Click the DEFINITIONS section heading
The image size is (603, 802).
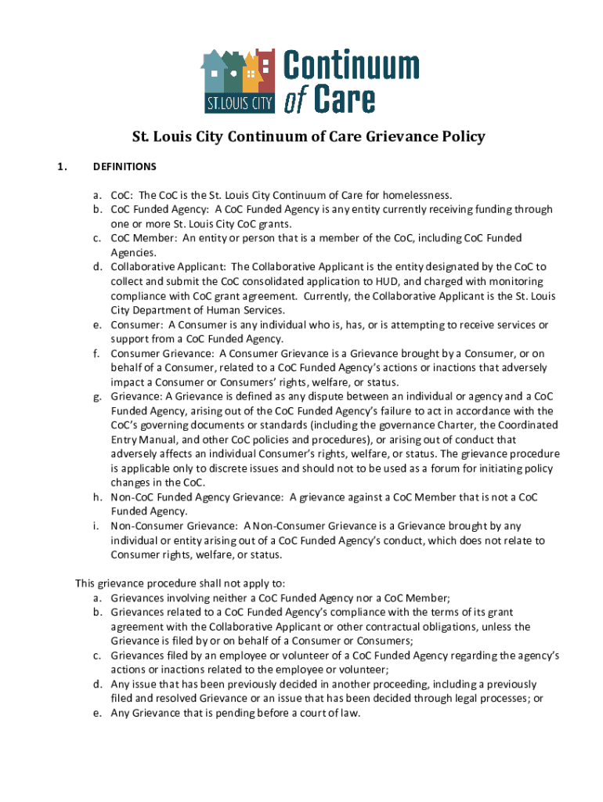click(x=125, y=167)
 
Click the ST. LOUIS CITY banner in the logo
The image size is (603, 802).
click(x=238, y=103)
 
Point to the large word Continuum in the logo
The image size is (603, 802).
click(x=350, y=67)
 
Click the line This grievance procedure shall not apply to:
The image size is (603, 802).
click(x=180, y=583)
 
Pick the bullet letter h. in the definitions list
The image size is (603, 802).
click(x=98, y=497)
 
